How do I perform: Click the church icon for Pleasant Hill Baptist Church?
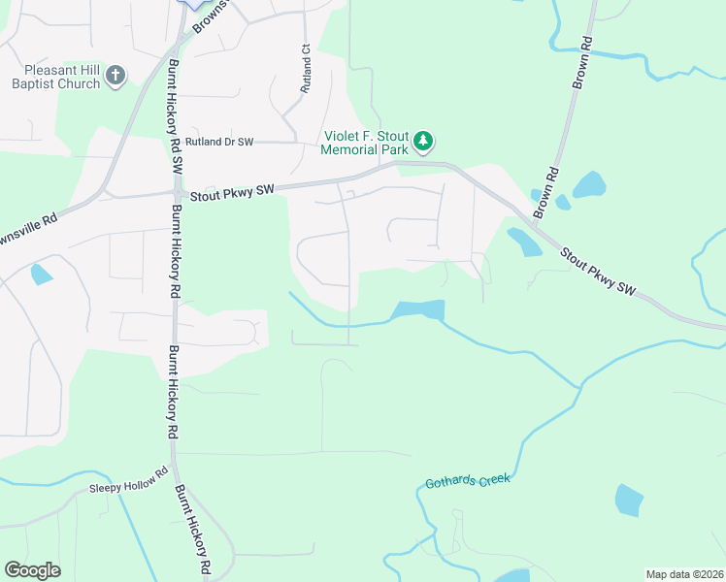coord(115,76)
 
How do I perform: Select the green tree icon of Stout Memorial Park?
coord(422,142)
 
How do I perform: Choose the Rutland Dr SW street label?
coord(219,142)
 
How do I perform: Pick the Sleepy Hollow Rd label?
coord(122,486)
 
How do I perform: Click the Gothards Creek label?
coord(467,480)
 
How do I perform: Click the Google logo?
coord(32,570)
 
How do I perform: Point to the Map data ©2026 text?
coord(684,573)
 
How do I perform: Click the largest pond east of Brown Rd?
coord(589,183)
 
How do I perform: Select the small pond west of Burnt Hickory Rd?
coord(41,275)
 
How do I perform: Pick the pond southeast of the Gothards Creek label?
coord(629,500)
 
